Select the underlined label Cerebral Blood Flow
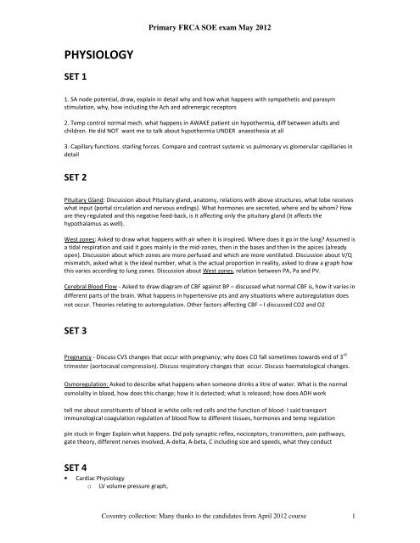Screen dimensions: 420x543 pos(96,258)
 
